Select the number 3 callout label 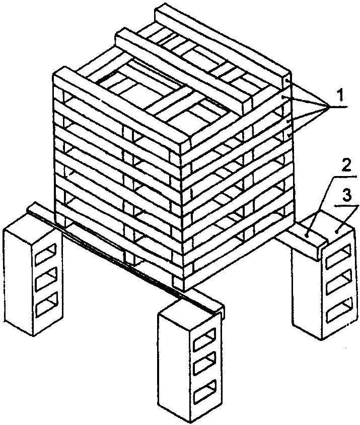[x=346, y=194]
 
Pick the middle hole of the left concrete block [x=48, y=279]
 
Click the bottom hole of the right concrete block [x=336, y=312]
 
